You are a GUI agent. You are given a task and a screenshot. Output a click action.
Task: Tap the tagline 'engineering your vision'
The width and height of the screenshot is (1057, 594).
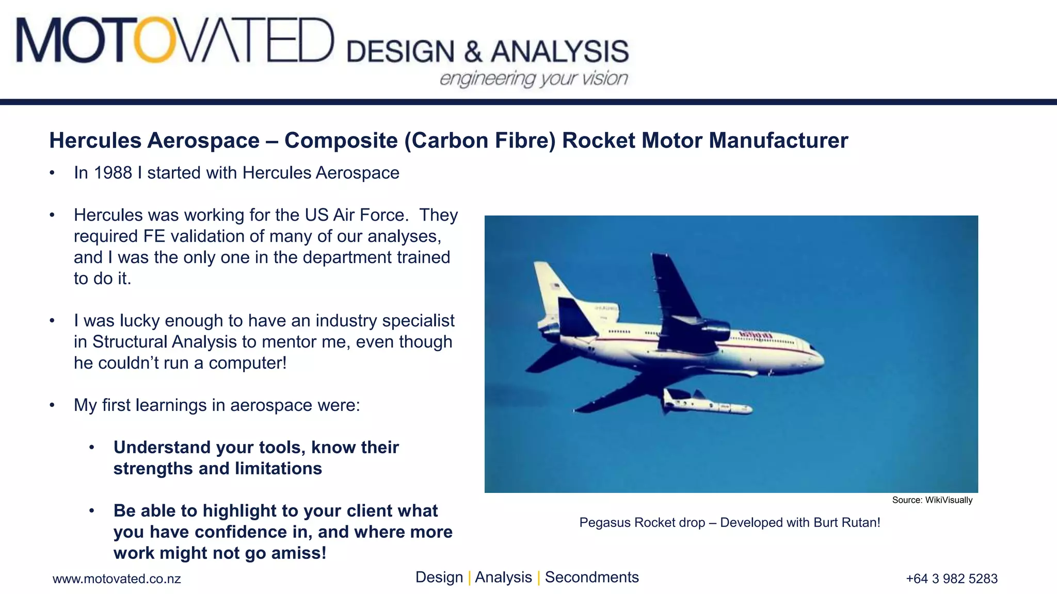(534, 79)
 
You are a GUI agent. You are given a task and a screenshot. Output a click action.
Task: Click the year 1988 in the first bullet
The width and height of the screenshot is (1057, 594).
(113, 173)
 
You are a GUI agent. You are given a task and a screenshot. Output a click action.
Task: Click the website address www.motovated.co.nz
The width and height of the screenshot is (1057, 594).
(117, 579)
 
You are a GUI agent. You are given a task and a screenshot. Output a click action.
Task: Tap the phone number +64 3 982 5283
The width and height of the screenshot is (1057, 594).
(952, 579)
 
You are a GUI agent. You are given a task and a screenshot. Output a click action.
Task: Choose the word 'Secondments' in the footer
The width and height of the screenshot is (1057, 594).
(591, 577)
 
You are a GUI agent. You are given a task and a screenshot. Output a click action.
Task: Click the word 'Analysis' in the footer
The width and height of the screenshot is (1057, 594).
(503, 577)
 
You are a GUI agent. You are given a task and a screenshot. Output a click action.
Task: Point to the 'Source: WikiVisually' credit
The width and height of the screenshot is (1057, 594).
(932, 500)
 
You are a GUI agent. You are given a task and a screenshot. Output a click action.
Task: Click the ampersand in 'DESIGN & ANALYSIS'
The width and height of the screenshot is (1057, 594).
(472, 52)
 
